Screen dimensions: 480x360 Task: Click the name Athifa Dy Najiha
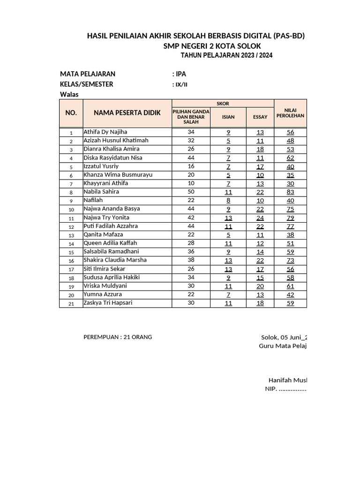tap(105, 132)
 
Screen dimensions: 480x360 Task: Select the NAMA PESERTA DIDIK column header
tap(127, 113)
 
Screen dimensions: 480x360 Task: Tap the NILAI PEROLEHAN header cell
tap(290, 112)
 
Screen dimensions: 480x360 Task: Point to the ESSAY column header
tap(260, 117)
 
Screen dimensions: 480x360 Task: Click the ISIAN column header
tap(228, 117)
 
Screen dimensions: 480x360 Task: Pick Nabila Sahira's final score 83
tap(290, 192)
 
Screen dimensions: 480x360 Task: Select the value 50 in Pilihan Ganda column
tap(191, 192)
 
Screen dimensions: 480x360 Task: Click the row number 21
tap(71, 303)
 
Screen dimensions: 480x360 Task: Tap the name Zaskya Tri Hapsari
tap(108, 303)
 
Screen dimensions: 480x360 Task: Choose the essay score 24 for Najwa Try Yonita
tap(260, 218)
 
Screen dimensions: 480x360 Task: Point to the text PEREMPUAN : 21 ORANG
tap(117, 337)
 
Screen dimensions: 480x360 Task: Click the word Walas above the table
tap(69, 94)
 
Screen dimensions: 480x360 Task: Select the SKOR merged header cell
tap(223, 104)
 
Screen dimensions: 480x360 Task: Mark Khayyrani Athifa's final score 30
tap(290, 184)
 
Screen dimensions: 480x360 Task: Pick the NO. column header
tap(71, 113)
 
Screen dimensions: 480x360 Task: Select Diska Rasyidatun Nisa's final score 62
tap(290, 158)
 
